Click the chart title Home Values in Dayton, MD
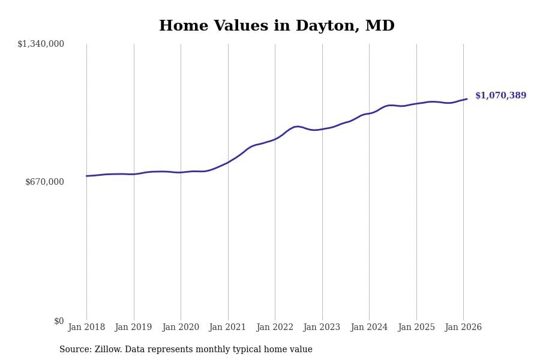point(277,26)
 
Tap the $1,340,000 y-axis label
point(41,44)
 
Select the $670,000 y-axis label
point(44,182)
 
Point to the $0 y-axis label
point(59,321)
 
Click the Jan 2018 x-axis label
point(86,328)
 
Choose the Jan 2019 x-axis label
point(133,328)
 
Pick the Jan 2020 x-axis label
point(181,328)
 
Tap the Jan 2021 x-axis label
point(227,328)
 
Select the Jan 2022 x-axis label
point(275,328)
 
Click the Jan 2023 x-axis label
point(322,328)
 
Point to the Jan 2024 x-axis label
point(369,328)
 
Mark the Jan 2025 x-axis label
point(416,328)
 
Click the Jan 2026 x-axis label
point(463,328)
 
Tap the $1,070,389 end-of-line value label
point(500,96)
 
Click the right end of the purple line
point(467,99)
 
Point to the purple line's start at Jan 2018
point(86,176)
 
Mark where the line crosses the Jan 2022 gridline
point(275,139)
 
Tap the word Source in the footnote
point(75,350)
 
